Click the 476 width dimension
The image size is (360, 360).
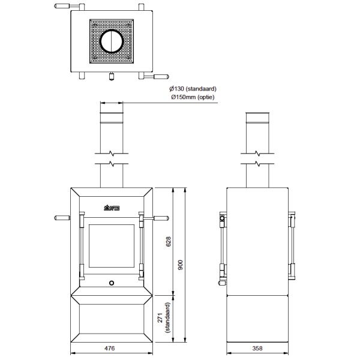(x=109, y=348)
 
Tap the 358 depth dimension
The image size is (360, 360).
(x=257, y=348)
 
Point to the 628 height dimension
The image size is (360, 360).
(x=169, y=241)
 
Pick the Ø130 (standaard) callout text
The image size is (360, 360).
(x=193, y=89)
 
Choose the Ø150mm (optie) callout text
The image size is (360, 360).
(x=192, y=97)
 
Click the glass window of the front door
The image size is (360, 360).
(x=112, y=247)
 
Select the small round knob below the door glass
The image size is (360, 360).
(x=112, y=282)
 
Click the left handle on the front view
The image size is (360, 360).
(x=62, y=217)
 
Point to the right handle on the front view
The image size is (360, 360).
(x=160, y=217)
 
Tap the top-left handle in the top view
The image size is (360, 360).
(x=62, y=7)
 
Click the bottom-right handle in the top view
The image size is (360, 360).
(x=161, y=77)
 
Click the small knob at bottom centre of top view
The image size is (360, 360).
(x=112, y=76)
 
